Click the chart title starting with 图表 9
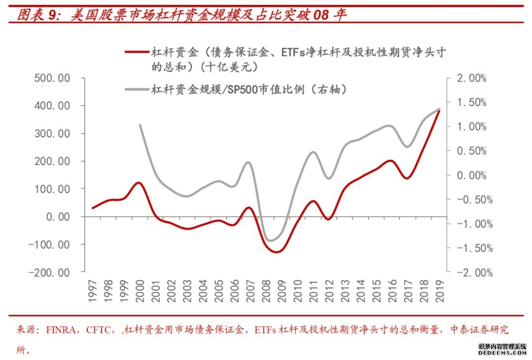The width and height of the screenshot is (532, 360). pos(182,14)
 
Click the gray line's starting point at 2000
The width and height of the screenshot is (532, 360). pos(140,125)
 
